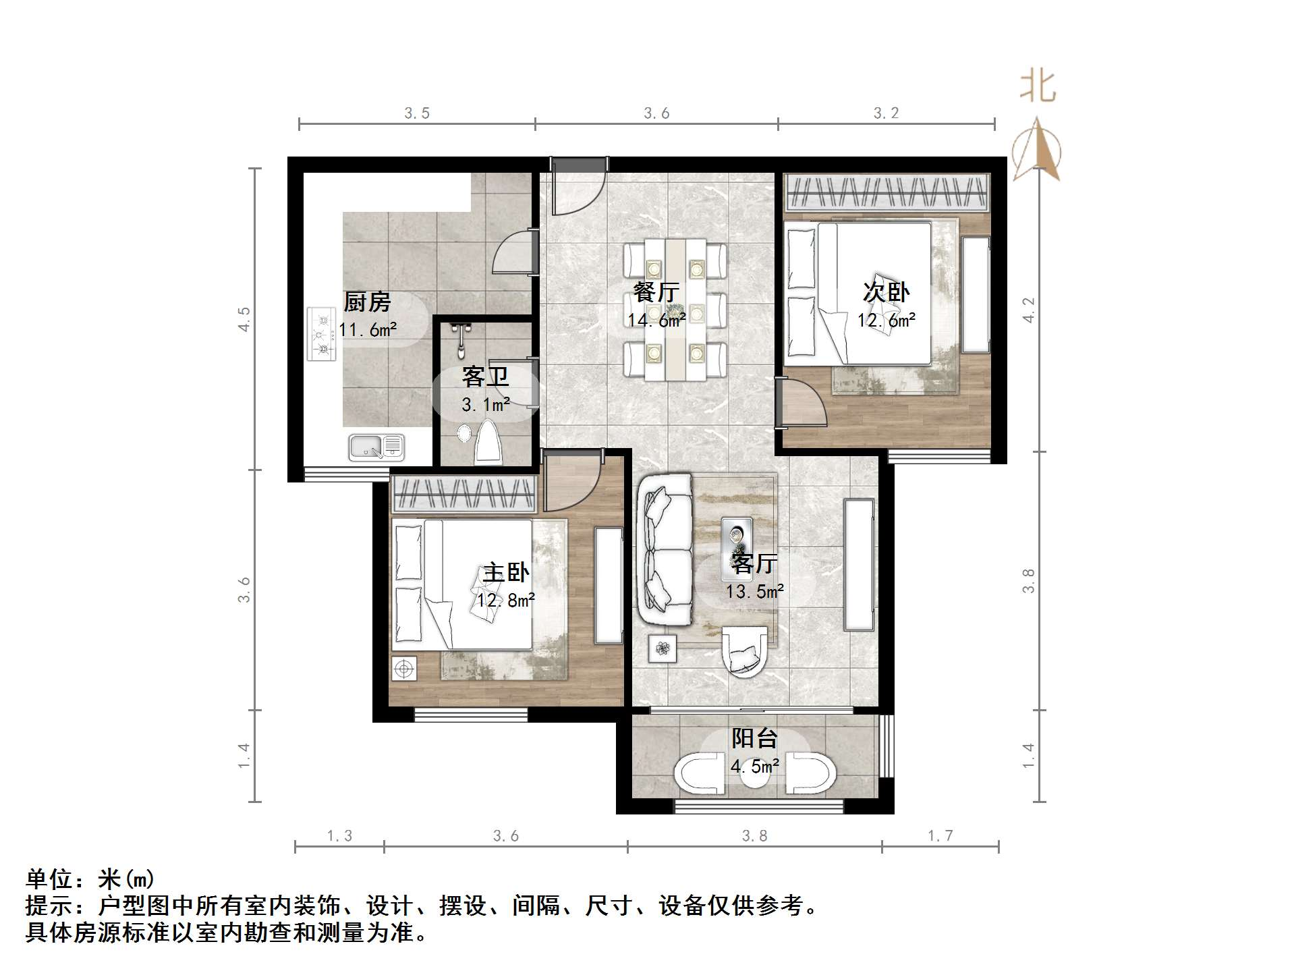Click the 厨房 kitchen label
click(367, 302)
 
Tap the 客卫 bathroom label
click(485, 377)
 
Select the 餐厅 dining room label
click(656, 292)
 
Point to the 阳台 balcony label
click(754, 738)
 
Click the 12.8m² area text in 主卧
click(506, 600)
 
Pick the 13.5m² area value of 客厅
click(754, 592)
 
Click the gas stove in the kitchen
click(321, 334)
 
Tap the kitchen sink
click(376, 446)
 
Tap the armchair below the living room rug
click(744, 650)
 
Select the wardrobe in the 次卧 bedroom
click(886, 192)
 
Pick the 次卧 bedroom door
click(801, 403)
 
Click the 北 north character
click(1038, 87)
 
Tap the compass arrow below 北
click(1038, 149)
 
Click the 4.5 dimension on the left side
click(244, 319)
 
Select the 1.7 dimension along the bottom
click(940, 836)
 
